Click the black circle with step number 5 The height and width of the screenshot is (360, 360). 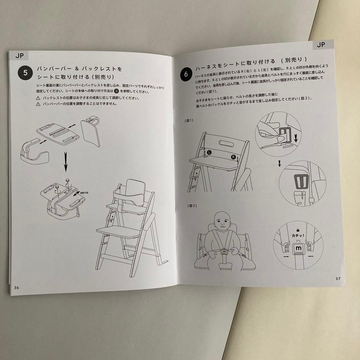[25, 73]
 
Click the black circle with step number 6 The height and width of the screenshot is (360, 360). [186, 74]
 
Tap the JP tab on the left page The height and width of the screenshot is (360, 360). [20, 56]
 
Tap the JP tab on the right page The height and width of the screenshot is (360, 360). [321, 45]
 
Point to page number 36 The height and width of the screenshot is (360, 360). [17, 288]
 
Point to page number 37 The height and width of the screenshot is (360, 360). [338, 278]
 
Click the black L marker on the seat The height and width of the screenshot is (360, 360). [209, 152]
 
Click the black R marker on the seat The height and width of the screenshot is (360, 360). [233, 157]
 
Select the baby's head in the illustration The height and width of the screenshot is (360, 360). [222, 221]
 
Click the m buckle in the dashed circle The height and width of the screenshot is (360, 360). [298, 248]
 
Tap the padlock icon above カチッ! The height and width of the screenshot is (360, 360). [298, 230]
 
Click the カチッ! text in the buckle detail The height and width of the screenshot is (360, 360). [298, 235]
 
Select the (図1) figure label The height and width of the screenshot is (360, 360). [189, 121]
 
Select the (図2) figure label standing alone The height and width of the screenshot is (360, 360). [192, 206]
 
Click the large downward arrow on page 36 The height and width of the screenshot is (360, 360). [66, 162]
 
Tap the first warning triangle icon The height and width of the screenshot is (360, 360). [38, 98]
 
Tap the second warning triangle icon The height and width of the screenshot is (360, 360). [38, 104]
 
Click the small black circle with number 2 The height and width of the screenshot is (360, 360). [116, 91]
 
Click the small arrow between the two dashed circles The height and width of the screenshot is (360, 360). [279, 163]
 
